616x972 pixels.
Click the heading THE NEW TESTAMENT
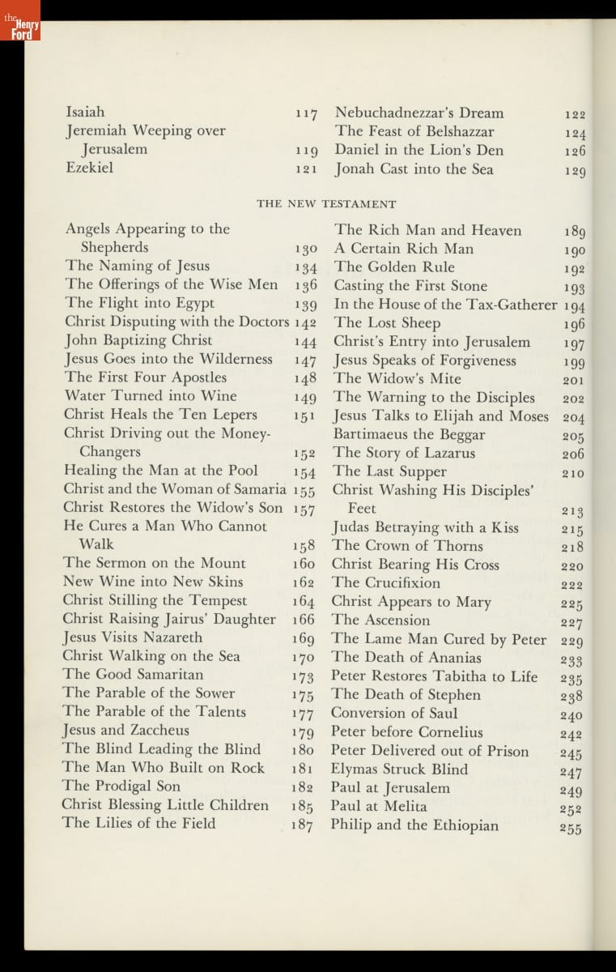pyautogui.click(x=326, y=204)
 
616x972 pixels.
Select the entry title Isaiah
pyautogui.click(x=85, y=112)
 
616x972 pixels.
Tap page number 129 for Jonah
pyautogui.click(x=575, y=171)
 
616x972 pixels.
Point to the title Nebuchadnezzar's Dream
pyautogui.click(x=419, y=113)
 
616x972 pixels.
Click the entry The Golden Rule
pyautogui.click(x=394, y=267)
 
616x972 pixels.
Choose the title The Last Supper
pyautogui.click(x=389, y=471)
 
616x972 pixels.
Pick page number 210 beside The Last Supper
pyautogui.click(x=572, y=473)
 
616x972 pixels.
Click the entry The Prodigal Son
pyautogui.click(x=121, y=786)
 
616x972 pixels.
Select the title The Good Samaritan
pyautogui.click(x=122, y=674)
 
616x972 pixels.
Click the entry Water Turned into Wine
pyautogui.click(x=151, y=396)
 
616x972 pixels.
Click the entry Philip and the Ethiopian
pyautogui.click(x=414, y=825)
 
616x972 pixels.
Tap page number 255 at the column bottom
pyautogui.click(x=570, y=828)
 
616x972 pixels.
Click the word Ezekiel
pyautogui.click(x=89, y=168)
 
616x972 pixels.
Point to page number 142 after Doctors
pyautogui.click(x=304, y=322)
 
